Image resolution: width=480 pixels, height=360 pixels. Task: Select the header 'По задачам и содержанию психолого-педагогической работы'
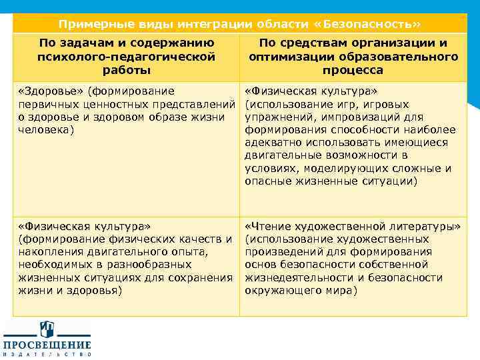pyautogui.click(x=126, y=57)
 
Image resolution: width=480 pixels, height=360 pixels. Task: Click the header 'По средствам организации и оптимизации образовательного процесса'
pyautogui.click(x=353, y=57)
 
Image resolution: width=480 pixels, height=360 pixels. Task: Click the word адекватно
pyautogui.click(x=275, y=143)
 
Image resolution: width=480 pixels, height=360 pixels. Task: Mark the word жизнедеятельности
pyautogui.click(x=295, y=278)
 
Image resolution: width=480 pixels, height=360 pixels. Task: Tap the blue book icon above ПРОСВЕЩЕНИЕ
pyautogui.click(x=47, y=327)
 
